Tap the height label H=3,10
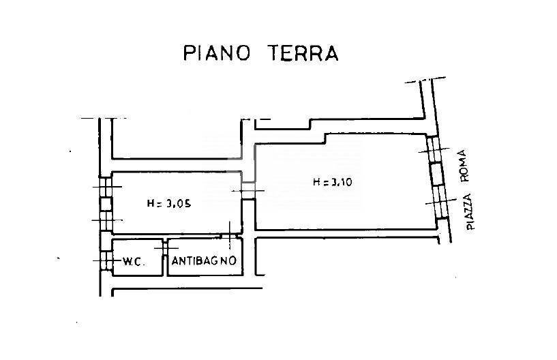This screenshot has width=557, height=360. (332, 182)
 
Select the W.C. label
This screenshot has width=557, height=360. (132, 261)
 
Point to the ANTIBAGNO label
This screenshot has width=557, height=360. (204, 261)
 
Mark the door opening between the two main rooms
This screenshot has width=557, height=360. (249, 191)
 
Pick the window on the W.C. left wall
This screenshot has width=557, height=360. (104, 260)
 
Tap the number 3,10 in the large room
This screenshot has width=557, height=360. (341, 182)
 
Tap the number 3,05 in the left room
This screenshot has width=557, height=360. (178, 202)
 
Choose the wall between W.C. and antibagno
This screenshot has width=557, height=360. (165, 257)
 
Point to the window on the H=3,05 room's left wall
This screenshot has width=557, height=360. (104, 203)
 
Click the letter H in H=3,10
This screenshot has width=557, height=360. (316, 182)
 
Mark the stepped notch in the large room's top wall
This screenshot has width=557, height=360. (324, 138)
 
